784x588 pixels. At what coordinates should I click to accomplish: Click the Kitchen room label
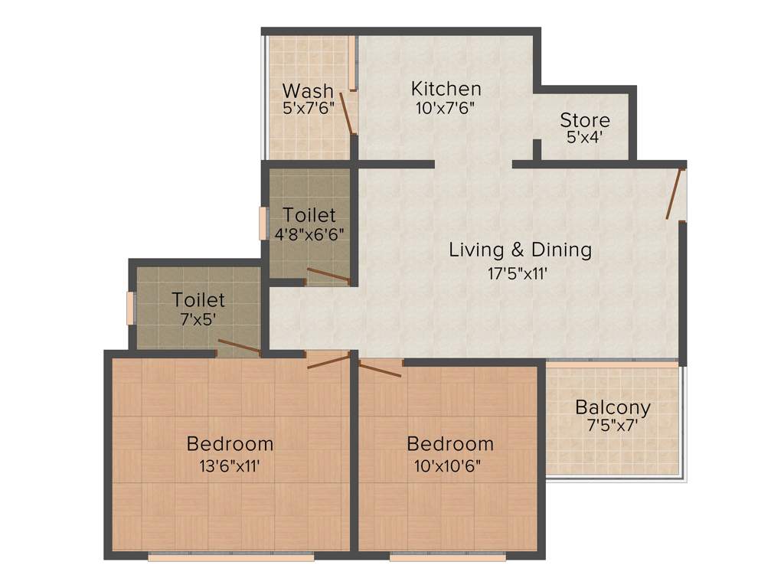446,88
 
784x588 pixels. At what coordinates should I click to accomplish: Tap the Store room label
585,120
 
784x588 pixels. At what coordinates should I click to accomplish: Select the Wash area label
308,91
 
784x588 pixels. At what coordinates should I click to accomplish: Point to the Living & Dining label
520,250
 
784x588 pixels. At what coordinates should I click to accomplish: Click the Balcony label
612,407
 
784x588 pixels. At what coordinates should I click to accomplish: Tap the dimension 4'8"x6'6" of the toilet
309,234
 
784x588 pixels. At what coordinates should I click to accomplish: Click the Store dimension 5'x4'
585,139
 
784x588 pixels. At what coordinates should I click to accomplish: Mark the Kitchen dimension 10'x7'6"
446,107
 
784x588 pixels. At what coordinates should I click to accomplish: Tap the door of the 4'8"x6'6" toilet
328,276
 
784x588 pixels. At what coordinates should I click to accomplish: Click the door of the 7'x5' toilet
240,348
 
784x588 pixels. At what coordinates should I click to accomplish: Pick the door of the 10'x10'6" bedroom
381,371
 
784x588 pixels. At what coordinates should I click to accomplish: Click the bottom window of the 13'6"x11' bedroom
230,557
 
